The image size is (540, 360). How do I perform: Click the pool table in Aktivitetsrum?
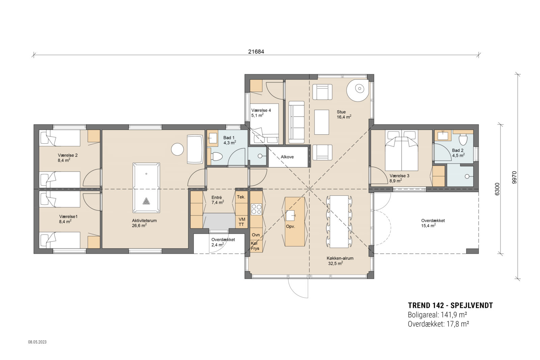[146, 188]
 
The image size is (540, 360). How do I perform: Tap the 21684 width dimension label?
[256, 52]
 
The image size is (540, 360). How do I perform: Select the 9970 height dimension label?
[514, 177]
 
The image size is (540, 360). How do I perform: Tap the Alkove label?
[287, 157]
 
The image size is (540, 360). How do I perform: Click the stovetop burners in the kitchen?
[256, 209]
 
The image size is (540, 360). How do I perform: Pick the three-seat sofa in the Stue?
[296, 121]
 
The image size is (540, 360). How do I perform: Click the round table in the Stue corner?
[357, 89]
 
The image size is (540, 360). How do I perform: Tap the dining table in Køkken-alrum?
[339, 221]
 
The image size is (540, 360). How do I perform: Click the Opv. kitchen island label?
[290, 226]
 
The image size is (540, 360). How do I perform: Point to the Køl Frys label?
[255, 246]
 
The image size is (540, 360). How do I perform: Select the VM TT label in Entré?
[241, 222]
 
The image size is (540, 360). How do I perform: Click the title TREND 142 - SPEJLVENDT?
[450, 306]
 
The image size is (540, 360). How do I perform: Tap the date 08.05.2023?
[37, 342]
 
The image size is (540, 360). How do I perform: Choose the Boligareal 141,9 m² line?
[437, 315]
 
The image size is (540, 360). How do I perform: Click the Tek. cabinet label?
[241, 197]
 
